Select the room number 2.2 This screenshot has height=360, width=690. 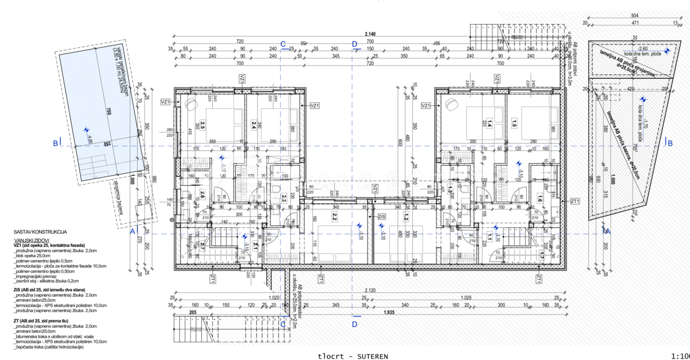point(334,217)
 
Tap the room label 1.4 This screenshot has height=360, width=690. point(490,123)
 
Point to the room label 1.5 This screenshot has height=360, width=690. point(513,122)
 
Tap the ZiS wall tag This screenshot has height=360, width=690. point(382,216)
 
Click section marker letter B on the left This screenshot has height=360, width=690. point(55,143)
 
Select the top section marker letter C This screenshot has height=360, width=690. point(282,44)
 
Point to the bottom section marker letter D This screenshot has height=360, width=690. point(355,324)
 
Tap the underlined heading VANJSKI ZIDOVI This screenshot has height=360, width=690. point(31,239)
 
